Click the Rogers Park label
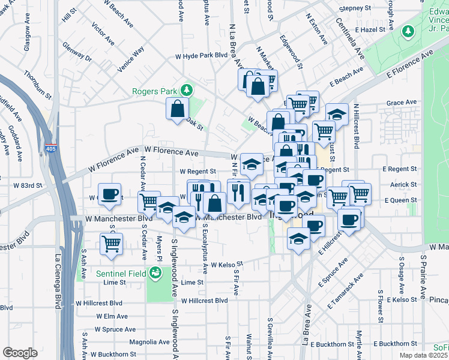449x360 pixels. (154, 91)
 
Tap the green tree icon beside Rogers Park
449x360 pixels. (187, 91)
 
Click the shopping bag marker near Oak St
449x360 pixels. (178, 109)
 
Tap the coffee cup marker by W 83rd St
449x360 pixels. (109, 194)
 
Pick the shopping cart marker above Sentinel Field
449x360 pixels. (111, 244)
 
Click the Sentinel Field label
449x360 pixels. (122, 274)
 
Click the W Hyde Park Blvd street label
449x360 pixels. (200, 55)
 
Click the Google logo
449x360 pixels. (19, 352)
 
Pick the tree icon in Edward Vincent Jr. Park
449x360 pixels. (408, 30)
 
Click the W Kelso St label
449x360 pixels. (222, 263)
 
